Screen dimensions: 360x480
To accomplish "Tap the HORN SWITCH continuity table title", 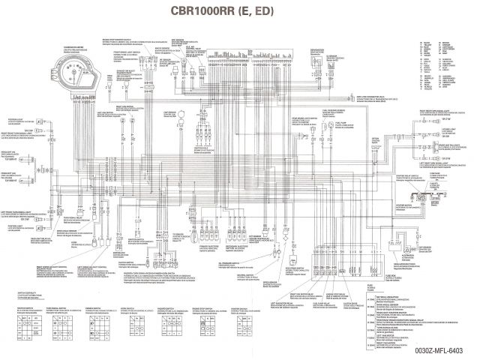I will pos(123,307).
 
